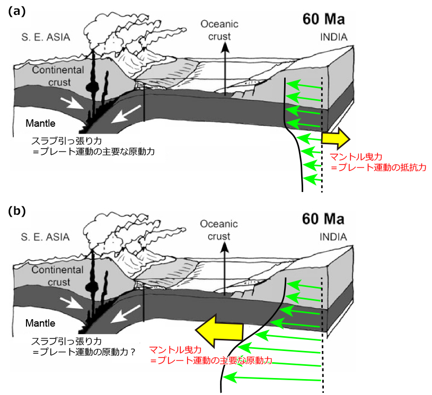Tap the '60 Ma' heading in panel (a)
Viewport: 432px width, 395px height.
323,20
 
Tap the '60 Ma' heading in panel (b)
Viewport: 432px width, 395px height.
323,218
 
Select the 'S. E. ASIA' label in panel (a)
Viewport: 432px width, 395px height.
46,38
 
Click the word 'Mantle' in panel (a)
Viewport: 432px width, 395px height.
41,124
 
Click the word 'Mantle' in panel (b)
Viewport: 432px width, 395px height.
41,323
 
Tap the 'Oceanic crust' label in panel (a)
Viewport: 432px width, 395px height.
219,29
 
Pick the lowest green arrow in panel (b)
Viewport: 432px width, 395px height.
273,378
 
